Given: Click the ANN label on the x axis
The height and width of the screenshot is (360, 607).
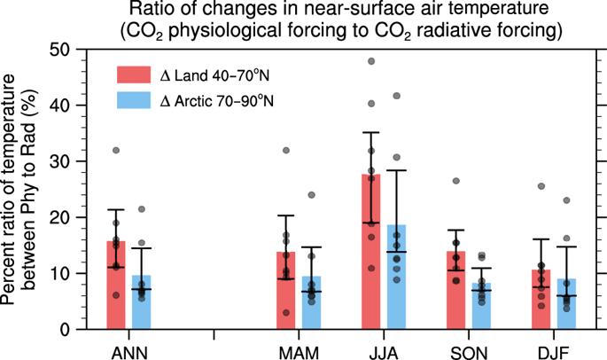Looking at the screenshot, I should (x=129, y=347).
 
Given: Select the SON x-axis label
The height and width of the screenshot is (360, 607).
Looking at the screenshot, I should (x=469, y=347).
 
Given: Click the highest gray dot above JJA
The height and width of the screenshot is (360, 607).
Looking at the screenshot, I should (x=371, y=62).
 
